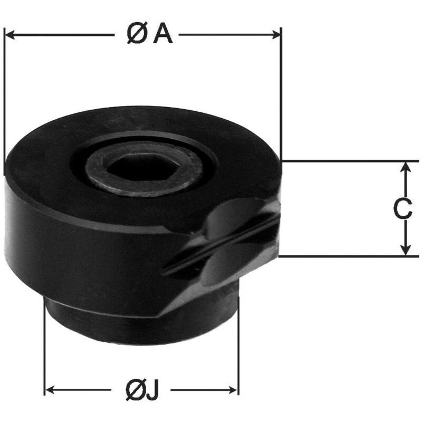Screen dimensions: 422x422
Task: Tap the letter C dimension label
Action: tap(402, 209)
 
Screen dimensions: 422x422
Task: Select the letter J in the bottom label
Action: tap(152, 390)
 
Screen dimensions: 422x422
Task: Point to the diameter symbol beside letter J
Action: tap(135, 390)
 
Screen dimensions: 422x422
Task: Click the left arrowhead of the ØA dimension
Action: tap(9, 35)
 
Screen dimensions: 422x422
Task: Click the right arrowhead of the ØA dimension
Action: tap(276, 35)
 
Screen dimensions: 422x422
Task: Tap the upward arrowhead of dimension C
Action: tap(406, 167)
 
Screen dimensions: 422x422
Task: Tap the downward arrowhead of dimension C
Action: tap(406, 250)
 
